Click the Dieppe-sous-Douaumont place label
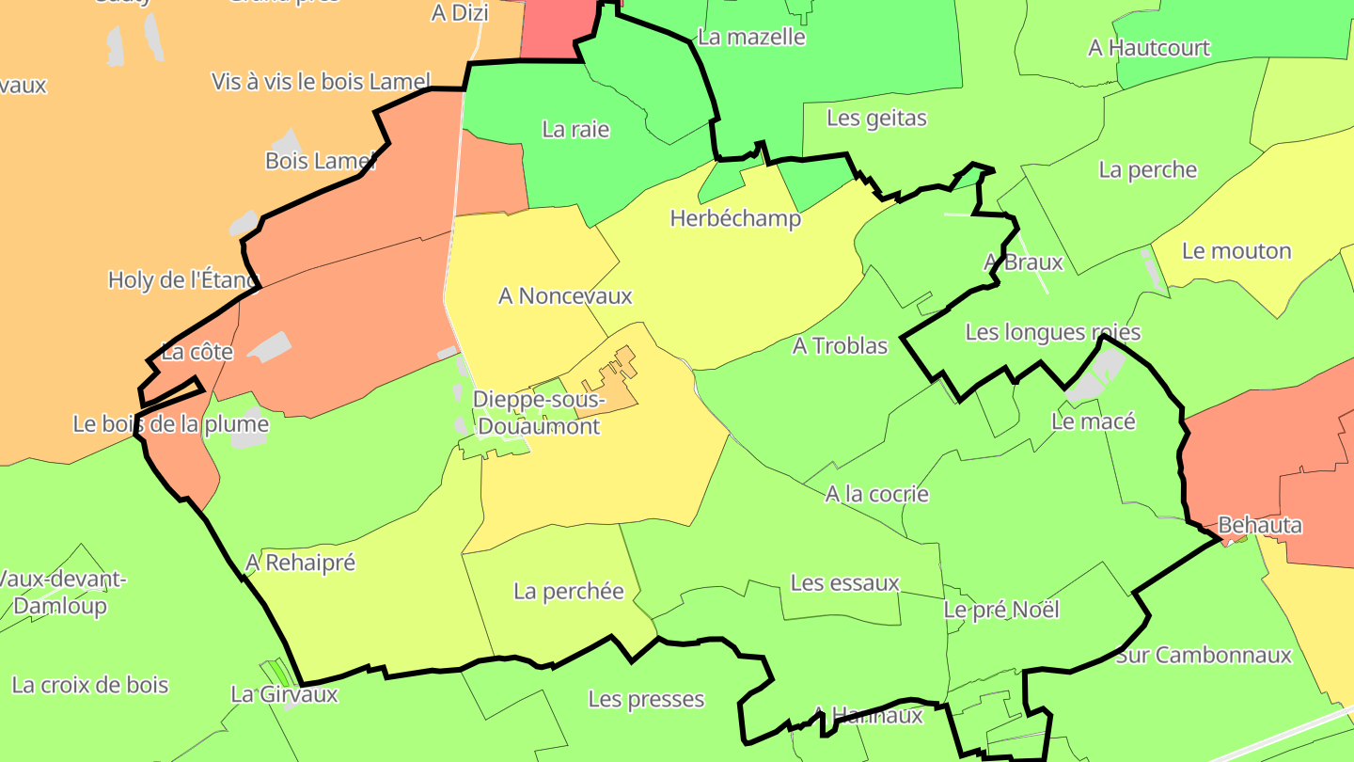click(536, 413)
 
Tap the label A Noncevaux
click(565, 296)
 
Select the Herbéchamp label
click(735, 219)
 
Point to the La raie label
click(575, 130)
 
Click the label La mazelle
click(751, 38)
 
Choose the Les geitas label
click(876, 119)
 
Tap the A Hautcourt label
click(1148, 48)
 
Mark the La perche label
click(1147, 170)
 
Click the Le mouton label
click(1236, 251)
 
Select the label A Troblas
click(840, 346)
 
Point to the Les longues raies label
click(1052, 332)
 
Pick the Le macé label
click(1093, 421)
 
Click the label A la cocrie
click(876, 494)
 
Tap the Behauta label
click(1259, 525)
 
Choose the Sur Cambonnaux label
click(1204, 655)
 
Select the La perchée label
click(568, 592)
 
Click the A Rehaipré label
click(300, 563)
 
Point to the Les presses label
click(646, 699)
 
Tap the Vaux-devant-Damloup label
click(61, 592)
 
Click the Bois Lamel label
click(320, 161)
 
